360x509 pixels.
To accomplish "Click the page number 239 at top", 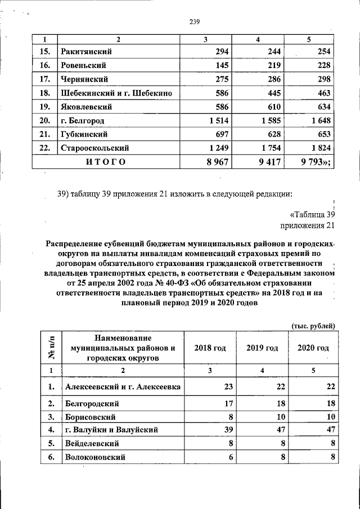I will [195, 22].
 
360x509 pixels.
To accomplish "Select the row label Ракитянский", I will [85, 52].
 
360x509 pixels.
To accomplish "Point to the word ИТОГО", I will [106, 162].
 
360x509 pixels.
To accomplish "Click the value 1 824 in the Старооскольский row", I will [318, 148].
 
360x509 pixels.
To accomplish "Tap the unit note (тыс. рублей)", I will [313, 326].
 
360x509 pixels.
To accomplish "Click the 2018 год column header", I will [210, 348].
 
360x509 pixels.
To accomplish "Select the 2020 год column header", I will [313, 348].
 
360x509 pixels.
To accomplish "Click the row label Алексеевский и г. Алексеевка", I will [123, 387].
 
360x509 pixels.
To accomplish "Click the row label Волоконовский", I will [94, 457].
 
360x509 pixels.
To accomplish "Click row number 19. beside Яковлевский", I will [46, 106].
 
